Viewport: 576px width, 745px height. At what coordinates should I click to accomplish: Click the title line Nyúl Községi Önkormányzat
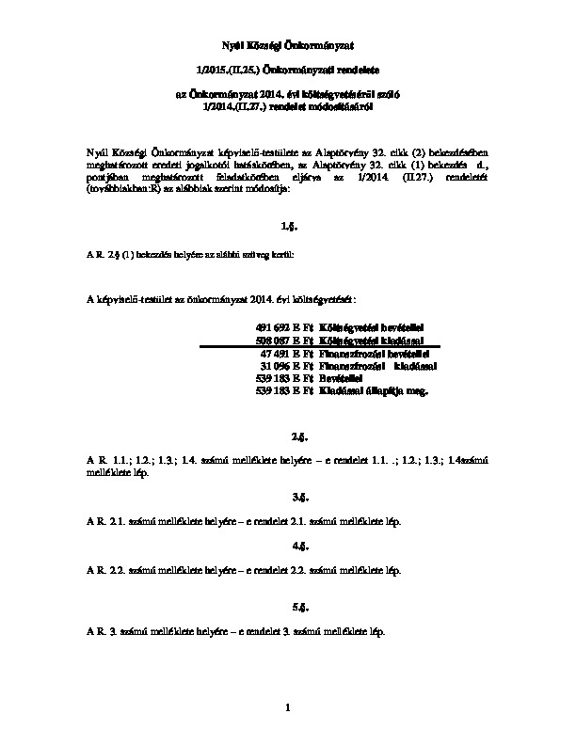click(288, 45)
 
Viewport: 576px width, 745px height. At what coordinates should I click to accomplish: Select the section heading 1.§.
click(288, 228)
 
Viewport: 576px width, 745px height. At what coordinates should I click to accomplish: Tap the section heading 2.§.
click(288, 437)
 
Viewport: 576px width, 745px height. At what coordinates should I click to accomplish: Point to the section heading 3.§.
click(288, 496)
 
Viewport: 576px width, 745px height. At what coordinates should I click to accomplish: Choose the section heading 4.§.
click(288, 546)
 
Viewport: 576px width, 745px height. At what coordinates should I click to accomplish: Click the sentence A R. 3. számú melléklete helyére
click(235, 629)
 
